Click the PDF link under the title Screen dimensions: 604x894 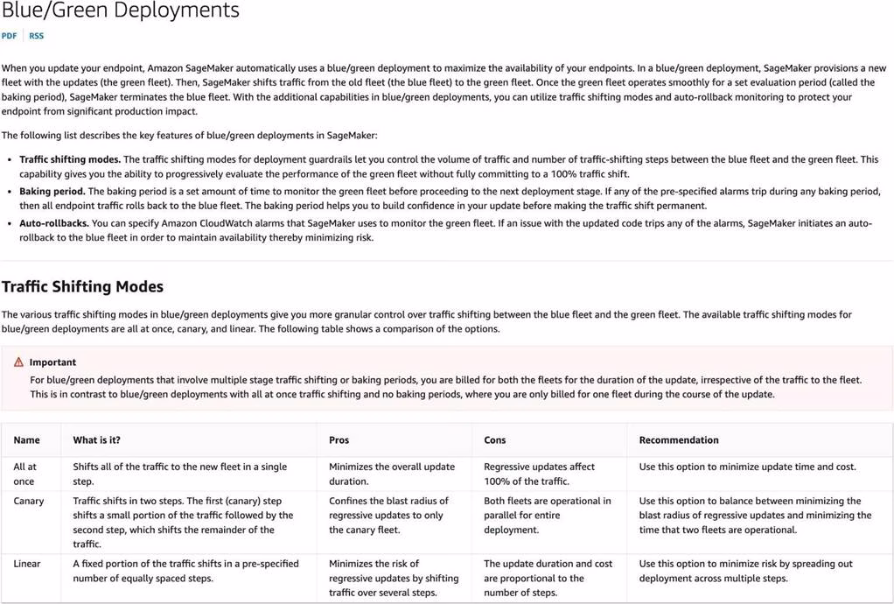coord(9,36)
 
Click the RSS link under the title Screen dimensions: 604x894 coord(36,36)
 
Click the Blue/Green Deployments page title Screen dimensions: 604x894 coord(120,11)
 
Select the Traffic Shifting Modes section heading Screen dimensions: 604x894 coord(82,286)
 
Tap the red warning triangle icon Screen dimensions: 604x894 coord(18,362)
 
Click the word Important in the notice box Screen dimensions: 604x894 coord(52,362)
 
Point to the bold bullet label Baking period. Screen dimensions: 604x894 coord(52,191)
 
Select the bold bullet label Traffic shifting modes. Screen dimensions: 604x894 coord(70,159)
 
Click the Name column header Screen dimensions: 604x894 coord(26,440)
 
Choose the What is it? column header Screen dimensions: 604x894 coord(96,440)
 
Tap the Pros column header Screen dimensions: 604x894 coord(339,440)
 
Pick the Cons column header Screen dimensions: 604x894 coord(494,440)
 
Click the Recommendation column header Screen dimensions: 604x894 coord(678,440)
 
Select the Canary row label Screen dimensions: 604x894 coord(28,502)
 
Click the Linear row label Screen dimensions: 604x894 coord(26,564)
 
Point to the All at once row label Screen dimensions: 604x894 coord(24,474)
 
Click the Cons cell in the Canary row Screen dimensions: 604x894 coord(548,515)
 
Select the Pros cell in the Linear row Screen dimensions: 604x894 coord(393,578)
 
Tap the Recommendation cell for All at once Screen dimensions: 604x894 coord(747,467)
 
